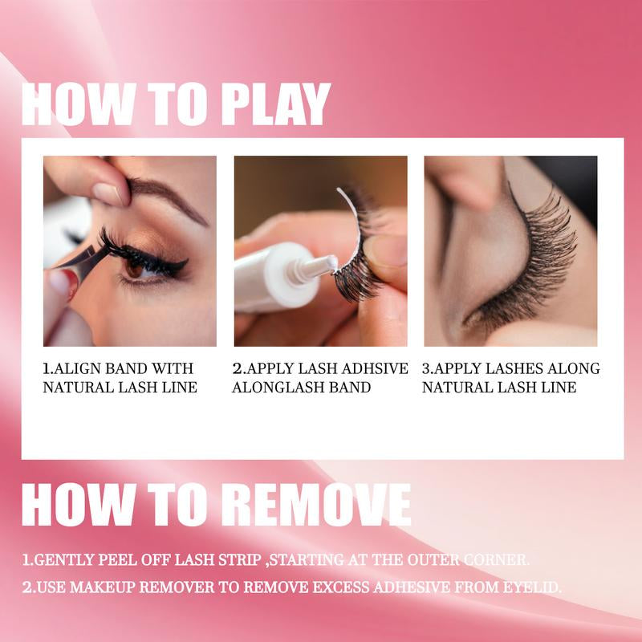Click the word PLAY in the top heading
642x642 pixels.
coord(275,104)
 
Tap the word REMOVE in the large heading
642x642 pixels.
coord(318,504)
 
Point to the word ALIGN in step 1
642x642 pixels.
coord(76,368)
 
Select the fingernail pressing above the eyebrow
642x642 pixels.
coord(108,193)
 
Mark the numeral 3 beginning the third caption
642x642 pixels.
coord(426,368)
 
